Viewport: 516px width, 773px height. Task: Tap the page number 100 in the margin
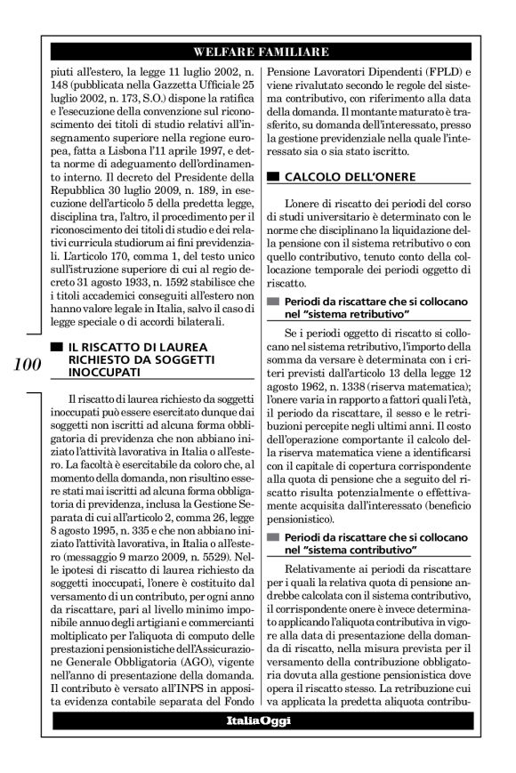(27, 363)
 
